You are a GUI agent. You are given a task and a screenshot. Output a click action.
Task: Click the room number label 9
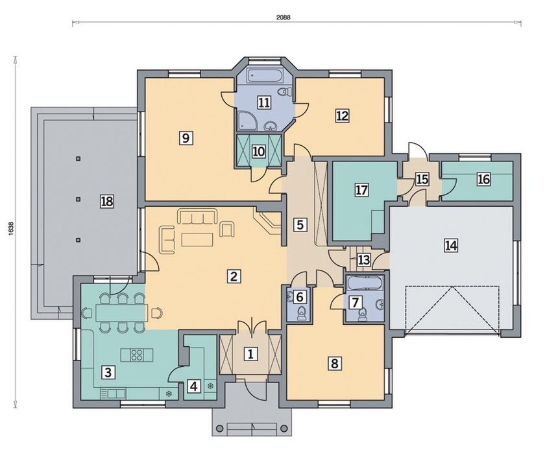[x=186, y=137]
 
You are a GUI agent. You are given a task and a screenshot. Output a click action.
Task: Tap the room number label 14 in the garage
[x=450, y=246]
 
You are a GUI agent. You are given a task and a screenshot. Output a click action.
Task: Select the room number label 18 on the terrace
[x=107, y=202]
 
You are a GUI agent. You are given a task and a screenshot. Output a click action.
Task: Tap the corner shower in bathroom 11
[x=245, y=119]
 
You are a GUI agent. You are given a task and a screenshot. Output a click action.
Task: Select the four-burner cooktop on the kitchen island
[x=137, y=354]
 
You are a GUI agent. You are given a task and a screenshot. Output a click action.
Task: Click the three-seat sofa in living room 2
[x=197, y=217]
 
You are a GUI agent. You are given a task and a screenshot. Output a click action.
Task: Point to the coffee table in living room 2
[x=197, y=239]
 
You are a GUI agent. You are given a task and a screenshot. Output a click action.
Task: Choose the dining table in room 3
[x=121, y=313]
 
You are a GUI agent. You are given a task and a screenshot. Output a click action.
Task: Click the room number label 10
[x=259, y=152]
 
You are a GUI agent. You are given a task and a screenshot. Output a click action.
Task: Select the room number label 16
[x=483, y=180]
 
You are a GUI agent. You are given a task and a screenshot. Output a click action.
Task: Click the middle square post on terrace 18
[x=79, y=199]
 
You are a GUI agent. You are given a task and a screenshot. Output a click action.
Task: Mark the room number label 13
[x=364, y=260]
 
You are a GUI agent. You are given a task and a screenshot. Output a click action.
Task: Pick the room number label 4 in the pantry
[x=193, y=386]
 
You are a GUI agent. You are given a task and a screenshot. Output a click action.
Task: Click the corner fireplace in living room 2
[x=267, y=222]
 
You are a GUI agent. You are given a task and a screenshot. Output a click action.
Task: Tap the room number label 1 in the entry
[x=250, y=354]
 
